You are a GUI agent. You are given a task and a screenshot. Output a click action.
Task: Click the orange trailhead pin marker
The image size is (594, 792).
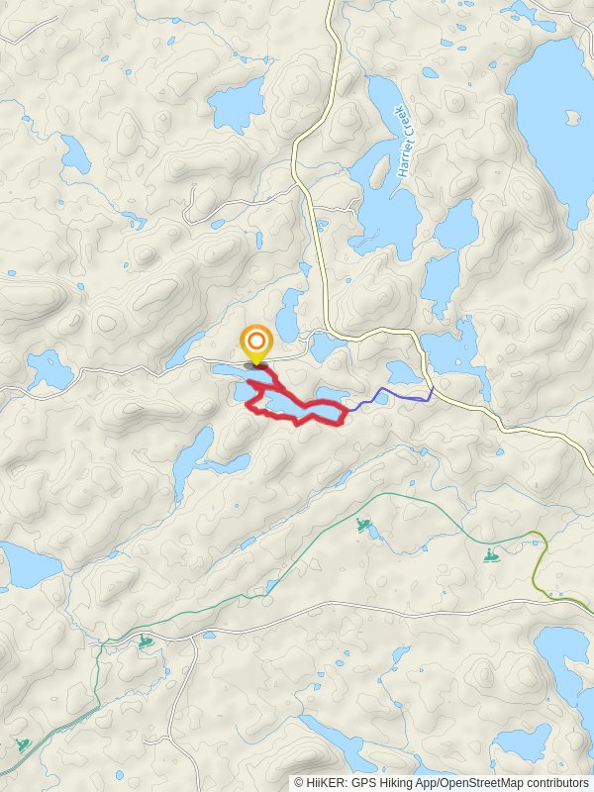(256, 345)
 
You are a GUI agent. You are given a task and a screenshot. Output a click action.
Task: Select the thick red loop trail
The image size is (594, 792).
(297, 420)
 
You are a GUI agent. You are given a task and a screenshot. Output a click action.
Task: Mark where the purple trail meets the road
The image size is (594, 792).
(433, 387)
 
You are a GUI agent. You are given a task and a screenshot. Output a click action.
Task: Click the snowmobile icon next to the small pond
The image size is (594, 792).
(363, 524)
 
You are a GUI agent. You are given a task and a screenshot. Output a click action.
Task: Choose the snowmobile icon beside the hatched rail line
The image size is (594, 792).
(22, 744)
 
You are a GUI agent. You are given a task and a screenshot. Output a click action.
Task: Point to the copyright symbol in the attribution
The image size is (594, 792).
(300, 782)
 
